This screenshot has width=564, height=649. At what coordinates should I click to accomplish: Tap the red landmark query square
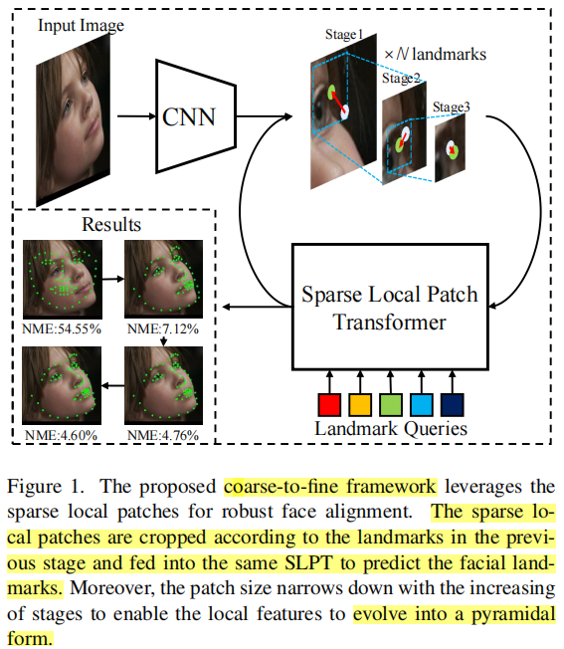click(329, 405)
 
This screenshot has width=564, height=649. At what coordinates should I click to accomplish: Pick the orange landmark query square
click(360, 405)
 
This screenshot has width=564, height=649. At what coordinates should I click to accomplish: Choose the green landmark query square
click(391, 405)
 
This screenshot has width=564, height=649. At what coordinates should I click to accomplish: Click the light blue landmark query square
click(422, 405)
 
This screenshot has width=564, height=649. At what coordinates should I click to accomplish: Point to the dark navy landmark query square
click(453, 405)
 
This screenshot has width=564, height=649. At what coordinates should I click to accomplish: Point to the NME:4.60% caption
click(63, 435)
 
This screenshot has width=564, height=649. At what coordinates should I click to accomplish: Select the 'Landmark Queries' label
click(391, 430)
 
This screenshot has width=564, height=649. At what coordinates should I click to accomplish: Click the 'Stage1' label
click(345, 35)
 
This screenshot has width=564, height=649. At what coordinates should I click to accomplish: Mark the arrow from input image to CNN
click(134, 116)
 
